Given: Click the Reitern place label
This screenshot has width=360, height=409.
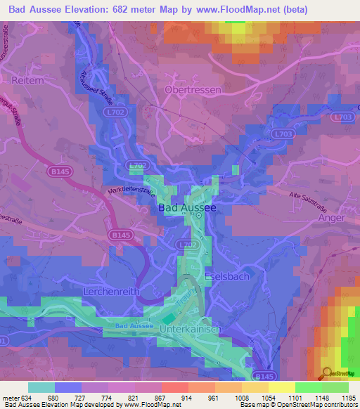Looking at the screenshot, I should point(25,82).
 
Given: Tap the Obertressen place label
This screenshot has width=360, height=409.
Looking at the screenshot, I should point(192,91).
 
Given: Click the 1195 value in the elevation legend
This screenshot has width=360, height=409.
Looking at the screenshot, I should point(348,398).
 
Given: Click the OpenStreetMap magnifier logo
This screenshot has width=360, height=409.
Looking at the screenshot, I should point(327,373).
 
